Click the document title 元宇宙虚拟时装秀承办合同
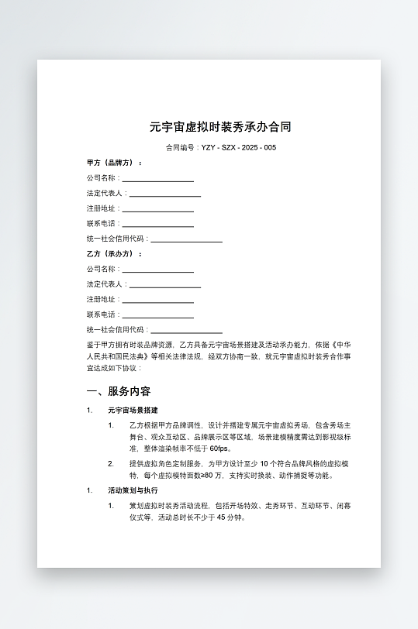click(220, 126)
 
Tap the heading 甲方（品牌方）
click(113, 163)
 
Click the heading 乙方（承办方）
click(113, 254)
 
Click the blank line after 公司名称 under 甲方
click(157, 179)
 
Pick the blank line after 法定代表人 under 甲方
click(164, 194)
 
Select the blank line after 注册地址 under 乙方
click(157, 301)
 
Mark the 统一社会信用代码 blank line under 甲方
click(186, 240)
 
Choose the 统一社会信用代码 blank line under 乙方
click(186, 331)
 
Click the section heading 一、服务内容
click(119, 391)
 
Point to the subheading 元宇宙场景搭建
click(133, 411)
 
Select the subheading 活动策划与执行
click(133, 490)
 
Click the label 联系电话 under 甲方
click(101, 224)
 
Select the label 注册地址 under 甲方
click(101, 209)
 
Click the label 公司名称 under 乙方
click(101, 270)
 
